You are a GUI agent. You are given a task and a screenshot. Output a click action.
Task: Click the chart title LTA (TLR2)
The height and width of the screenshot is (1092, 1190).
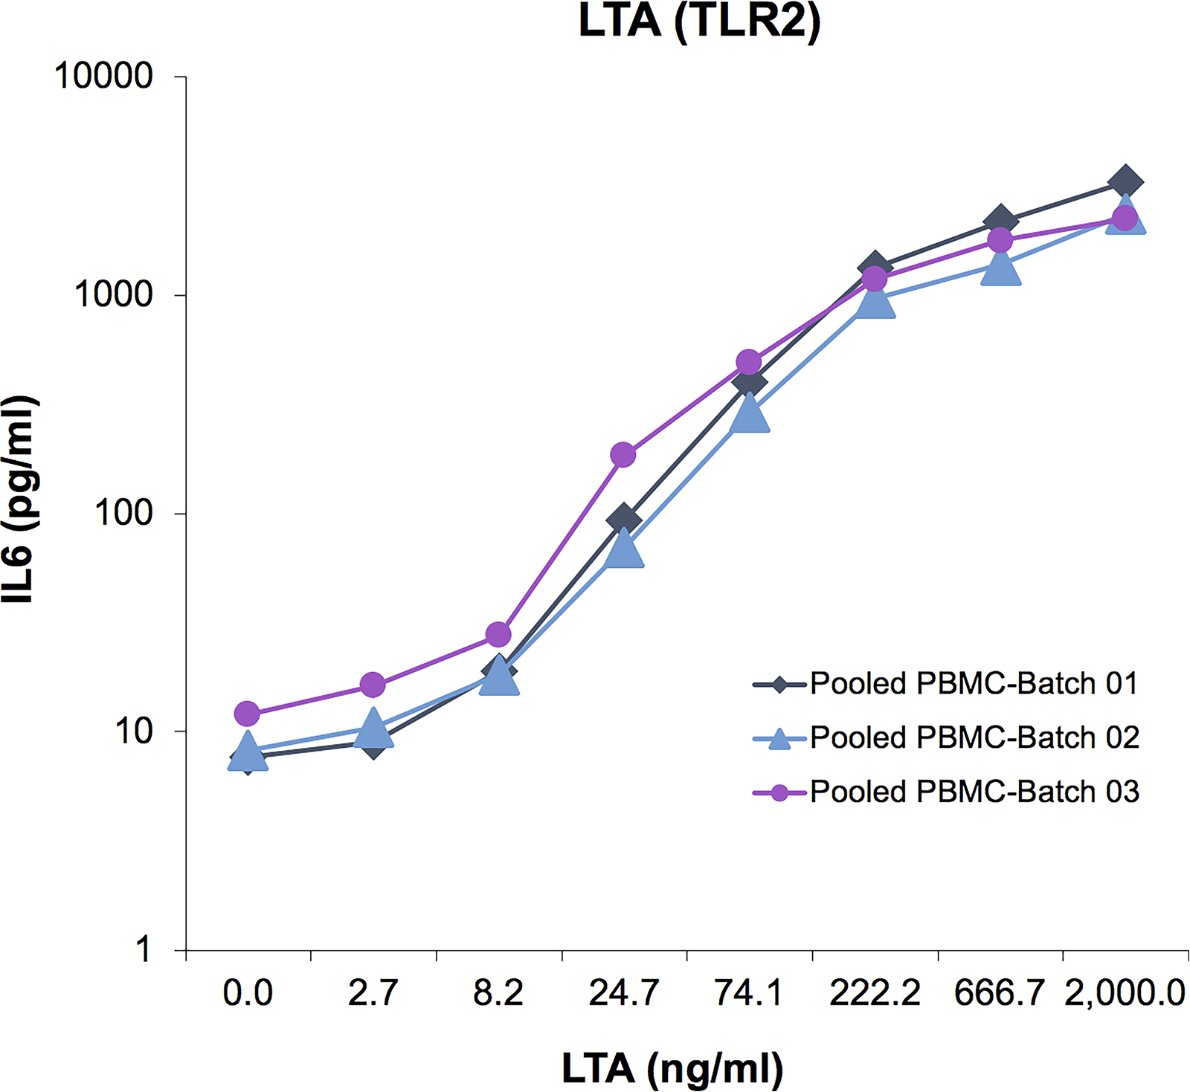(699, 20)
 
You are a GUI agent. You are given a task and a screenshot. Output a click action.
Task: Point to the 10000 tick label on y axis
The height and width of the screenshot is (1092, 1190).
(103, 76)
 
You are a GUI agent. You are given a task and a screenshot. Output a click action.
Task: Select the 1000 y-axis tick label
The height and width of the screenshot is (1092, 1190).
(114, 294)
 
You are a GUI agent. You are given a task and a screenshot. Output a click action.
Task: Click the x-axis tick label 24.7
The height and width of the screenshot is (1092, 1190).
(624, 992)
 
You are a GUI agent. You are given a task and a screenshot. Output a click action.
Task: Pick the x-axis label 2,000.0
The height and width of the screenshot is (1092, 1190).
(1125, 993)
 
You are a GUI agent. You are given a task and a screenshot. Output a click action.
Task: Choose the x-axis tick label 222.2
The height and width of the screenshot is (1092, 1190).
(875, 992)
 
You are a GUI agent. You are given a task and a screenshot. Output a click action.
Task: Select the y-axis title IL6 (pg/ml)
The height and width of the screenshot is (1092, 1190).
(19, 500)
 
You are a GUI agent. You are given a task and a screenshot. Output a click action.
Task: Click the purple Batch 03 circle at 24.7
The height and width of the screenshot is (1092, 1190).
(623, 455)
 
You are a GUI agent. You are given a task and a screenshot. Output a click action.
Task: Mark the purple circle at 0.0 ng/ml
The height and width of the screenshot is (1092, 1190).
(247, 714)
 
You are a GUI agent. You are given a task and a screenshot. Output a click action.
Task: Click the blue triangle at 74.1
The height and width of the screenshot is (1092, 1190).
(750, 413)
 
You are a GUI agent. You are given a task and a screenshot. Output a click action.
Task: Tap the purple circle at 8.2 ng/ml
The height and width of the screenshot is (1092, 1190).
(498, 634)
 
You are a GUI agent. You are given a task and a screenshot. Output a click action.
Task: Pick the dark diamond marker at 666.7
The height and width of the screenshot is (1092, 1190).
(1000, 221)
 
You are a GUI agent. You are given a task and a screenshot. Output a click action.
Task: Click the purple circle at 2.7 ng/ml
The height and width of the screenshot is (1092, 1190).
(373, 685)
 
